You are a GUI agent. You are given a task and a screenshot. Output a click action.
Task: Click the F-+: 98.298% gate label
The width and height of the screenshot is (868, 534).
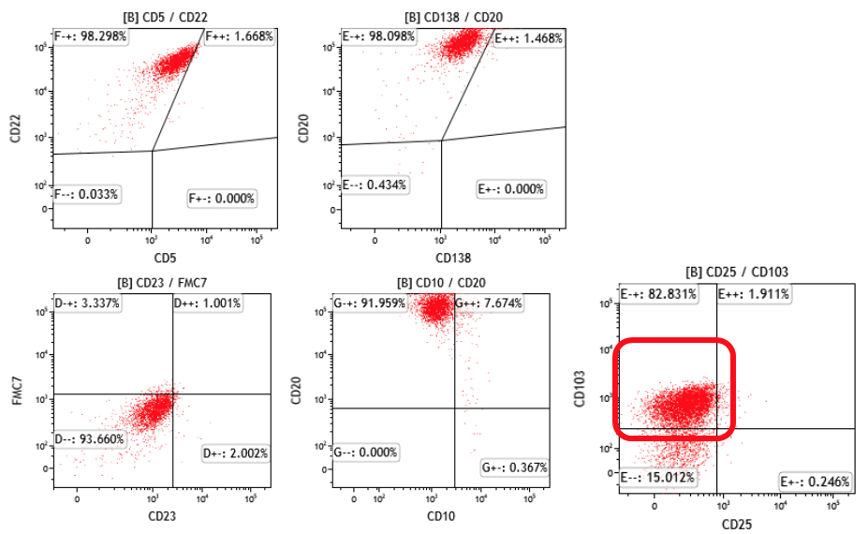(91, 37)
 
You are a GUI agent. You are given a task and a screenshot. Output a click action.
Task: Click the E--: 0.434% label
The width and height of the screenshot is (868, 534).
(375, 185)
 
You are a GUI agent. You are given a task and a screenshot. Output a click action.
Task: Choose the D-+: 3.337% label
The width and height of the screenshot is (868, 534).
(86, 303)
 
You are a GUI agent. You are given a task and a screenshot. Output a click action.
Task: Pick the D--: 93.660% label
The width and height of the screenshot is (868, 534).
(90, 438)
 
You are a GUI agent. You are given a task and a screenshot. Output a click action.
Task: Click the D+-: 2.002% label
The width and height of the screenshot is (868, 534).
(236, 454)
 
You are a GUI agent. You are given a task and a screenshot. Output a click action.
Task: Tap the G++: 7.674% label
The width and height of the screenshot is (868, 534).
(489, 304)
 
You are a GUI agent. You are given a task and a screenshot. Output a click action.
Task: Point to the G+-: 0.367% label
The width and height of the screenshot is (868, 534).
(514, 467)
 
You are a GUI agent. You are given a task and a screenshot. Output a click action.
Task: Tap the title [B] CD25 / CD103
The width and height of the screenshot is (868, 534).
(738, 273)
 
